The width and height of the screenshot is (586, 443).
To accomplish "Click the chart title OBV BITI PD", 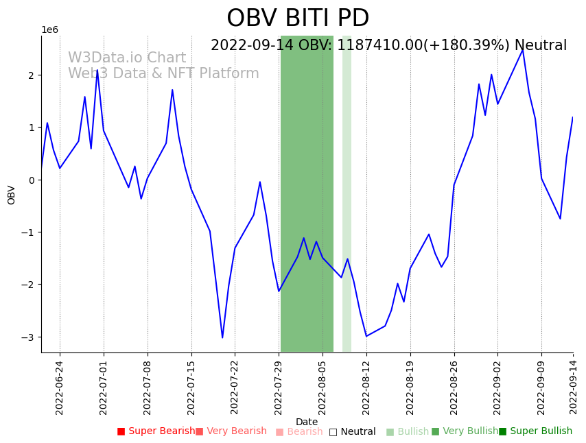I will tap(298, 19).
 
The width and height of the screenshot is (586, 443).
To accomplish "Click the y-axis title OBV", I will tap(12, 195).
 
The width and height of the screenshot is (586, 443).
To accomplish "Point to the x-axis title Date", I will tap(307, 422).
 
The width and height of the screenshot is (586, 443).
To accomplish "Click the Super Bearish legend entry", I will tap(156, 431).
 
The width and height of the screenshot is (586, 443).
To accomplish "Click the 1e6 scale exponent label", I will tap(50, 29).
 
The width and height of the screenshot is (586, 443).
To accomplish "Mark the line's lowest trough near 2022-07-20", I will tap(222, 337).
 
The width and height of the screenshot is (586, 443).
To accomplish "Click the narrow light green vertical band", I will tap(347, 192).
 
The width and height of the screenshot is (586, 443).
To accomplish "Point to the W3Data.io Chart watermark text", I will tap(127, 58).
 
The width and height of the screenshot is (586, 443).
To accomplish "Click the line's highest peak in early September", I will tap(523, 49).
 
